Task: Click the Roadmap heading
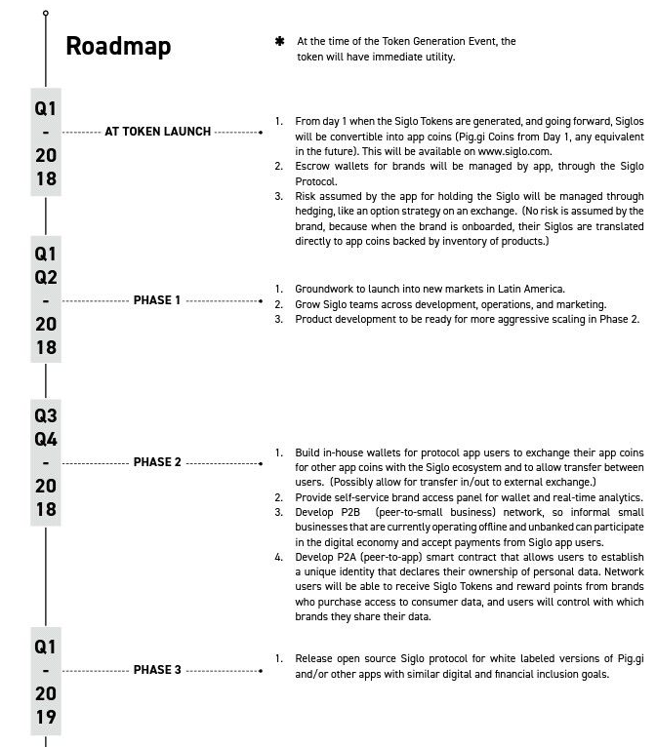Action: (118, 46)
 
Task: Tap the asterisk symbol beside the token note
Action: (280, 42)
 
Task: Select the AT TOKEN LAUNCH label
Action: (158, 132)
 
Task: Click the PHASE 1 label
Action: (157, 300)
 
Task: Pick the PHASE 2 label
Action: (157, 462)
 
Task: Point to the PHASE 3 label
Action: (157, 670)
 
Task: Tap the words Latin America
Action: (529, 289)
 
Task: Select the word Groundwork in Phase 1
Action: (326, 289)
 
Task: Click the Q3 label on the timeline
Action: (46, 416)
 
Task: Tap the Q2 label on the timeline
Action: (46, 277)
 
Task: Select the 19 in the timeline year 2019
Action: (46, 717)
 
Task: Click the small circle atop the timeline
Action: (46, 14)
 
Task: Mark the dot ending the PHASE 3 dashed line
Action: (262, 671)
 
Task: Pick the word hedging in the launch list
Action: (318, 211)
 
